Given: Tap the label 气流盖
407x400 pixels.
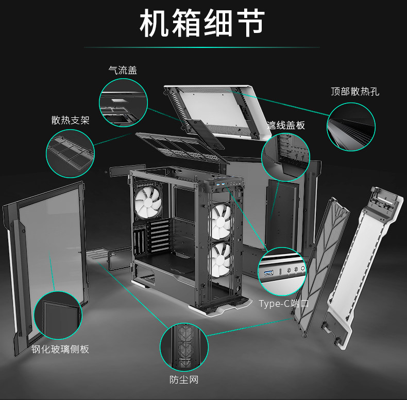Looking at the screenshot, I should point(123,71).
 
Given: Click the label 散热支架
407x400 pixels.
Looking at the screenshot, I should point(70,120).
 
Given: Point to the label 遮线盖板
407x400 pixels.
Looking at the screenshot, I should point(286,125).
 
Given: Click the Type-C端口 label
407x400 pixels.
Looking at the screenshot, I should point(284,303).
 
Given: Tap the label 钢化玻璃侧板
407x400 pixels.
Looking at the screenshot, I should point(60,350).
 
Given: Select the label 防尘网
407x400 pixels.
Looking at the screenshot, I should point(184,380).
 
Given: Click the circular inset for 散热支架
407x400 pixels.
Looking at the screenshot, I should point(71,151).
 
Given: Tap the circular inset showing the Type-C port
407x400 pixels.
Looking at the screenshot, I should point(282,272).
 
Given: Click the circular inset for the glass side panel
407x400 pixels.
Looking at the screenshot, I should point(58,315).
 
